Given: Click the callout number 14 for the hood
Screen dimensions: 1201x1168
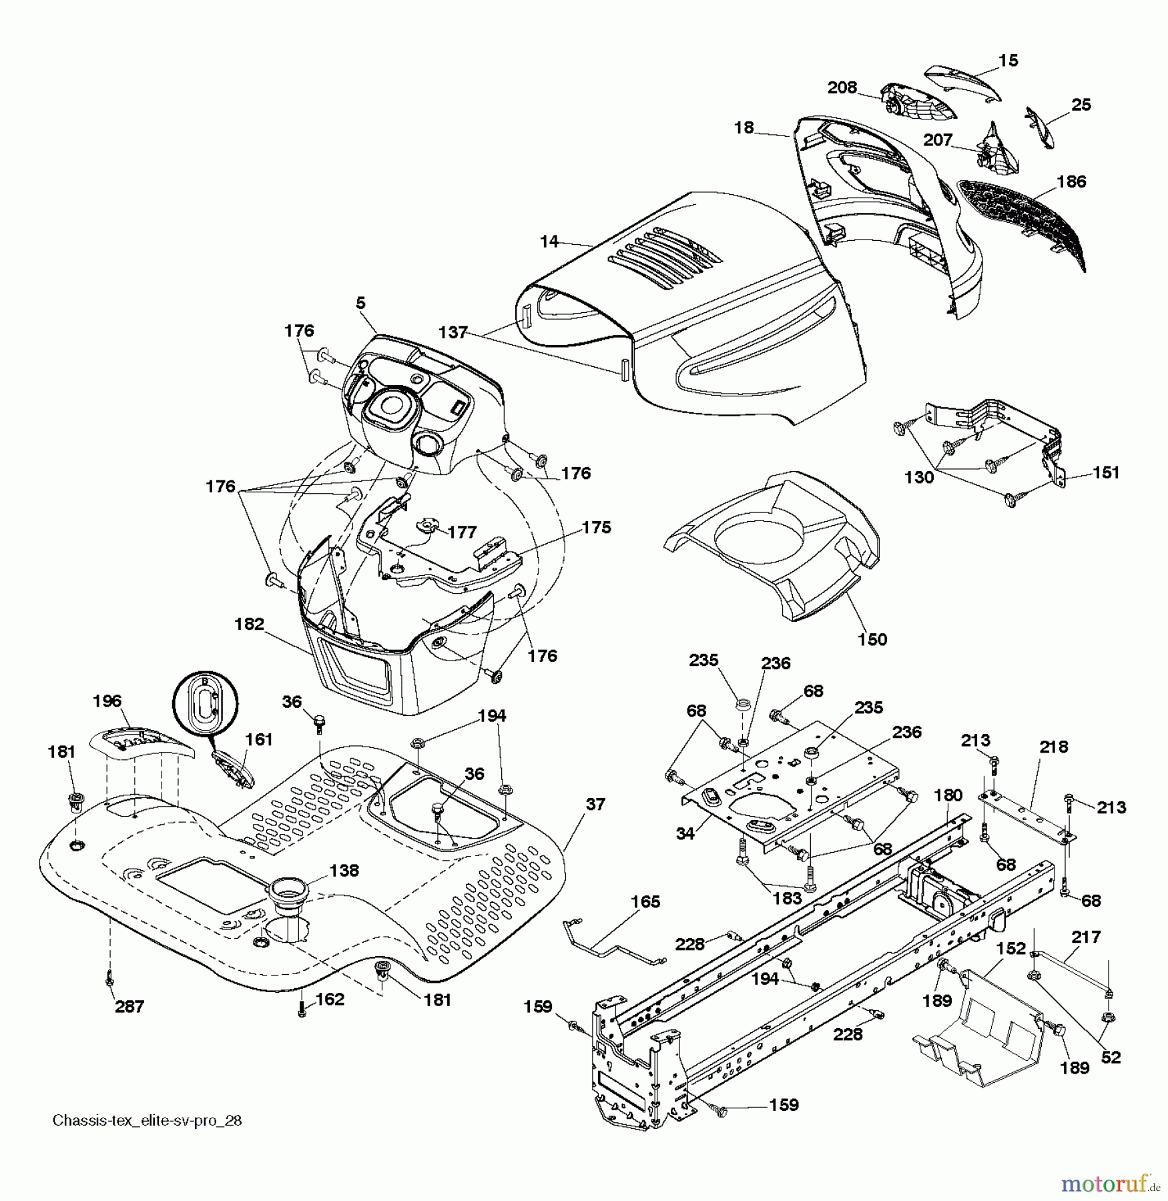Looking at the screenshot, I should coord(549,242).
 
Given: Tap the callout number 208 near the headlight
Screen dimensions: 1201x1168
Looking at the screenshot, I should coord(842,87).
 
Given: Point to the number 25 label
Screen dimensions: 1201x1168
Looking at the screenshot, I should coord(1081,105).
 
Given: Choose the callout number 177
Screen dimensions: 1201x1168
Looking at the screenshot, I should coord(462,532).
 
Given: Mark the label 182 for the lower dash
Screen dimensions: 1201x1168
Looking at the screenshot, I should coord(250,625).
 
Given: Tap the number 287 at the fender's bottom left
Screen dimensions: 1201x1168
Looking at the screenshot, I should coord(129,1006).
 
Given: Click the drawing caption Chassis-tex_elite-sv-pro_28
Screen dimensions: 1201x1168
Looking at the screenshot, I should coord(147,1120).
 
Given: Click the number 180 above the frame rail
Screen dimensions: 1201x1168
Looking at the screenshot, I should coord(948,795).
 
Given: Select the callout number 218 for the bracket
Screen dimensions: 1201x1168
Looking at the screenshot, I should coord(1053,747).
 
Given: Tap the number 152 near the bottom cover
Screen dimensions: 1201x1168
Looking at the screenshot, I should coord(1010,948).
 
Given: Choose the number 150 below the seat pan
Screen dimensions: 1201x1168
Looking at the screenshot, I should coord(872,639).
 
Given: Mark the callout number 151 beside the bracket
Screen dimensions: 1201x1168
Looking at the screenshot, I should coord(1106,472).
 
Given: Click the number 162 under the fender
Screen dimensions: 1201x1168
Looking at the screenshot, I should coord(330,999).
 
